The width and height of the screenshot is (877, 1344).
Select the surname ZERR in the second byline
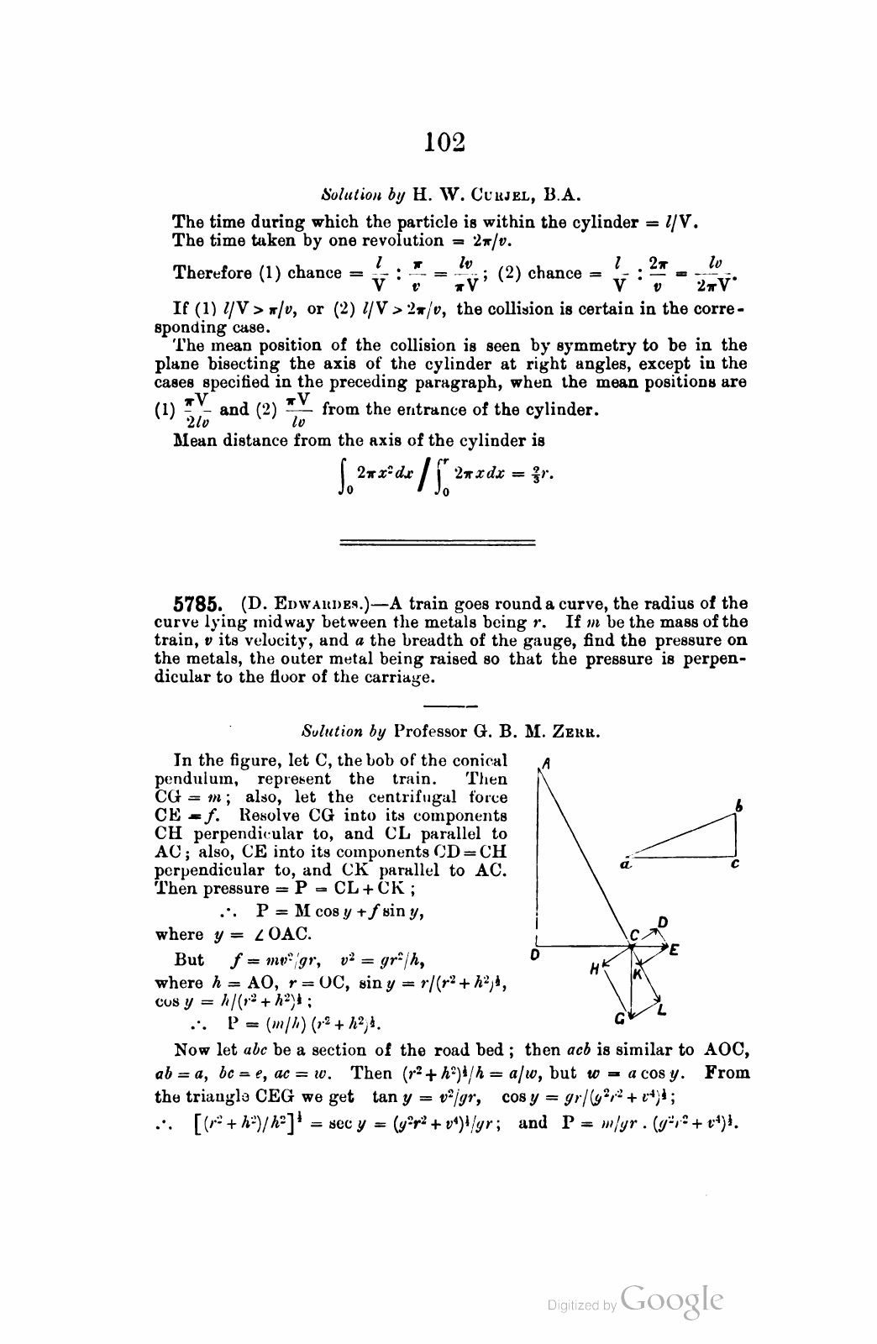579,732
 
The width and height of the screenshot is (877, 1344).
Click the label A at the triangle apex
546,764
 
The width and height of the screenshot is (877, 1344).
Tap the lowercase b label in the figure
739,806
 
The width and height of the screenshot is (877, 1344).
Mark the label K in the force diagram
638,974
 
